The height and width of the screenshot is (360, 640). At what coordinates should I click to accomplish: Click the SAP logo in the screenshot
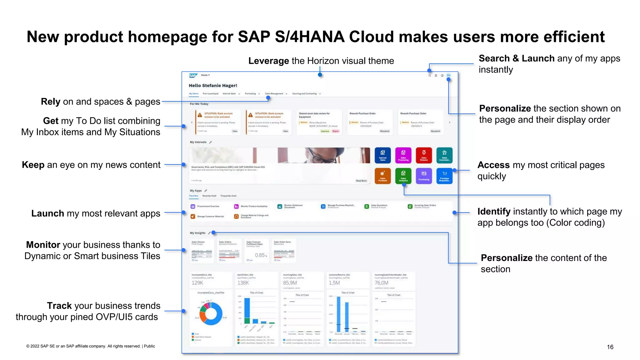tap(193, 75)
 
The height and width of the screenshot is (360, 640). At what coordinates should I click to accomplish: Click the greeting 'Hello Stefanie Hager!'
tap(213, 85)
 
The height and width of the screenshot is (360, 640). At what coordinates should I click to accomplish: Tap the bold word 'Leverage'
tap(268, 61)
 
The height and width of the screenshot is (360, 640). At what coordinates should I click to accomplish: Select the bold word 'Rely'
tap(51, 102)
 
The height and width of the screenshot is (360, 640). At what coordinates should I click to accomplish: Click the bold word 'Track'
tap(59, 306)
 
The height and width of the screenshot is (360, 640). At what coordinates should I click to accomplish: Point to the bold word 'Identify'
tap(494, 212)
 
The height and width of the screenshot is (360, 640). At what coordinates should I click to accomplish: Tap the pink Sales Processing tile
tap(403, 155)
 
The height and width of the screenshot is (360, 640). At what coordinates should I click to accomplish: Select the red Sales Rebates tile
tap(424, 155)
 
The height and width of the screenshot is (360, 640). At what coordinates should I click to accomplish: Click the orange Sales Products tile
tap(382, 176)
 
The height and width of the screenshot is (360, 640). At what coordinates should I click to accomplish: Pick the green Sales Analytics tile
tap(403, 176)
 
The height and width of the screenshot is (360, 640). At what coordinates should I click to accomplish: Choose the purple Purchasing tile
tap(424, 176)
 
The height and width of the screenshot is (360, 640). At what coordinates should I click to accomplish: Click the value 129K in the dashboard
tap(197, 283)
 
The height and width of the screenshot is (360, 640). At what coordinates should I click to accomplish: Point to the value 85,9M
tap(290, 283)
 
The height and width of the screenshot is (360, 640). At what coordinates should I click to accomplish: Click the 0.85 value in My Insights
tap(260, 255)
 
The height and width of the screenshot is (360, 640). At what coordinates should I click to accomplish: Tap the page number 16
tap(610, 347)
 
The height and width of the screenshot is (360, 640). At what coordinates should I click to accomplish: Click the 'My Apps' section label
tap(196, 191)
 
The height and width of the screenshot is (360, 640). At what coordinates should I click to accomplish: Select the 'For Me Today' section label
tap(199, 104)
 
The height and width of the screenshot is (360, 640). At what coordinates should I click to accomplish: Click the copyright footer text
tap(91, 346)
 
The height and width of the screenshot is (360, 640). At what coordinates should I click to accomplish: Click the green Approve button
tap(325, 131)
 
